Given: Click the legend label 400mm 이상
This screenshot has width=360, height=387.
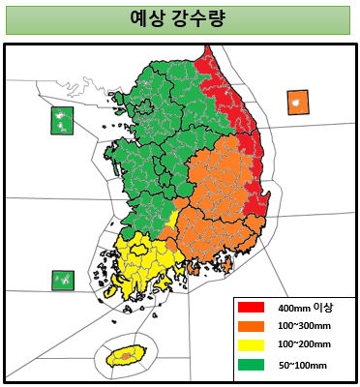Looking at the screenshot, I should pos(305,307).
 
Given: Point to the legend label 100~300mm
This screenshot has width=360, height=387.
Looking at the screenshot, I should pos(304,326).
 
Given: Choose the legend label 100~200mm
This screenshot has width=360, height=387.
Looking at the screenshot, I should pos(304,345).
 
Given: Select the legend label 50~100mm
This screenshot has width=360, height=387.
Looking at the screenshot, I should pos(302,365).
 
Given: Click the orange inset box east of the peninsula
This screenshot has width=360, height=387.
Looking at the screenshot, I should pos(297,103).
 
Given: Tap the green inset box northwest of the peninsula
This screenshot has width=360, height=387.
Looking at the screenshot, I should pos(63,121).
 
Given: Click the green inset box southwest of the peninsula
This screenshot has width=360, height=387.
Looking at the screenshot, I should pos(63,281).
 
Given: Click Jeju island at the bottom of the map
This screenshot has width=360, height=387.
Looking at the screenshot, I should pos(125,355).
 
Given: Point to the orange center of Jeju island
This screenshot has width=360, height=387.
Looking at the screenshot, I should pos(125,356).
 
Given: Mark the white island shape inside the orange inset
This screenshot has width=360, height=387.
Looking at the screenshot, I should pos(297,102).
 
